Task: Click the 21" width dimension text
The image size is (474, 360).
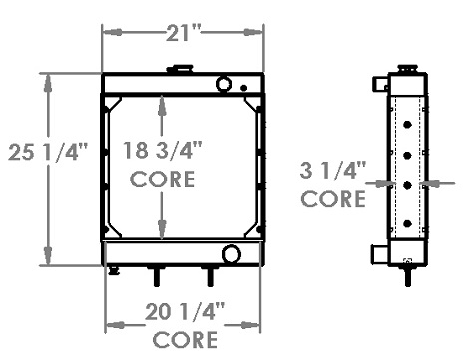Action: tap(184, 33)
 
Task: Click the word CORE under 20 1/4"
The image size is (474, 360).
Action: tap(185, 340)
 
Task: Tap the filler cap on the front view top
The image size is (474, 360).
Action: tap(180, 69)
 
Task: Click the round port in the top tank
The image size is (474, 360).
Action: tap(224, 83)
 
